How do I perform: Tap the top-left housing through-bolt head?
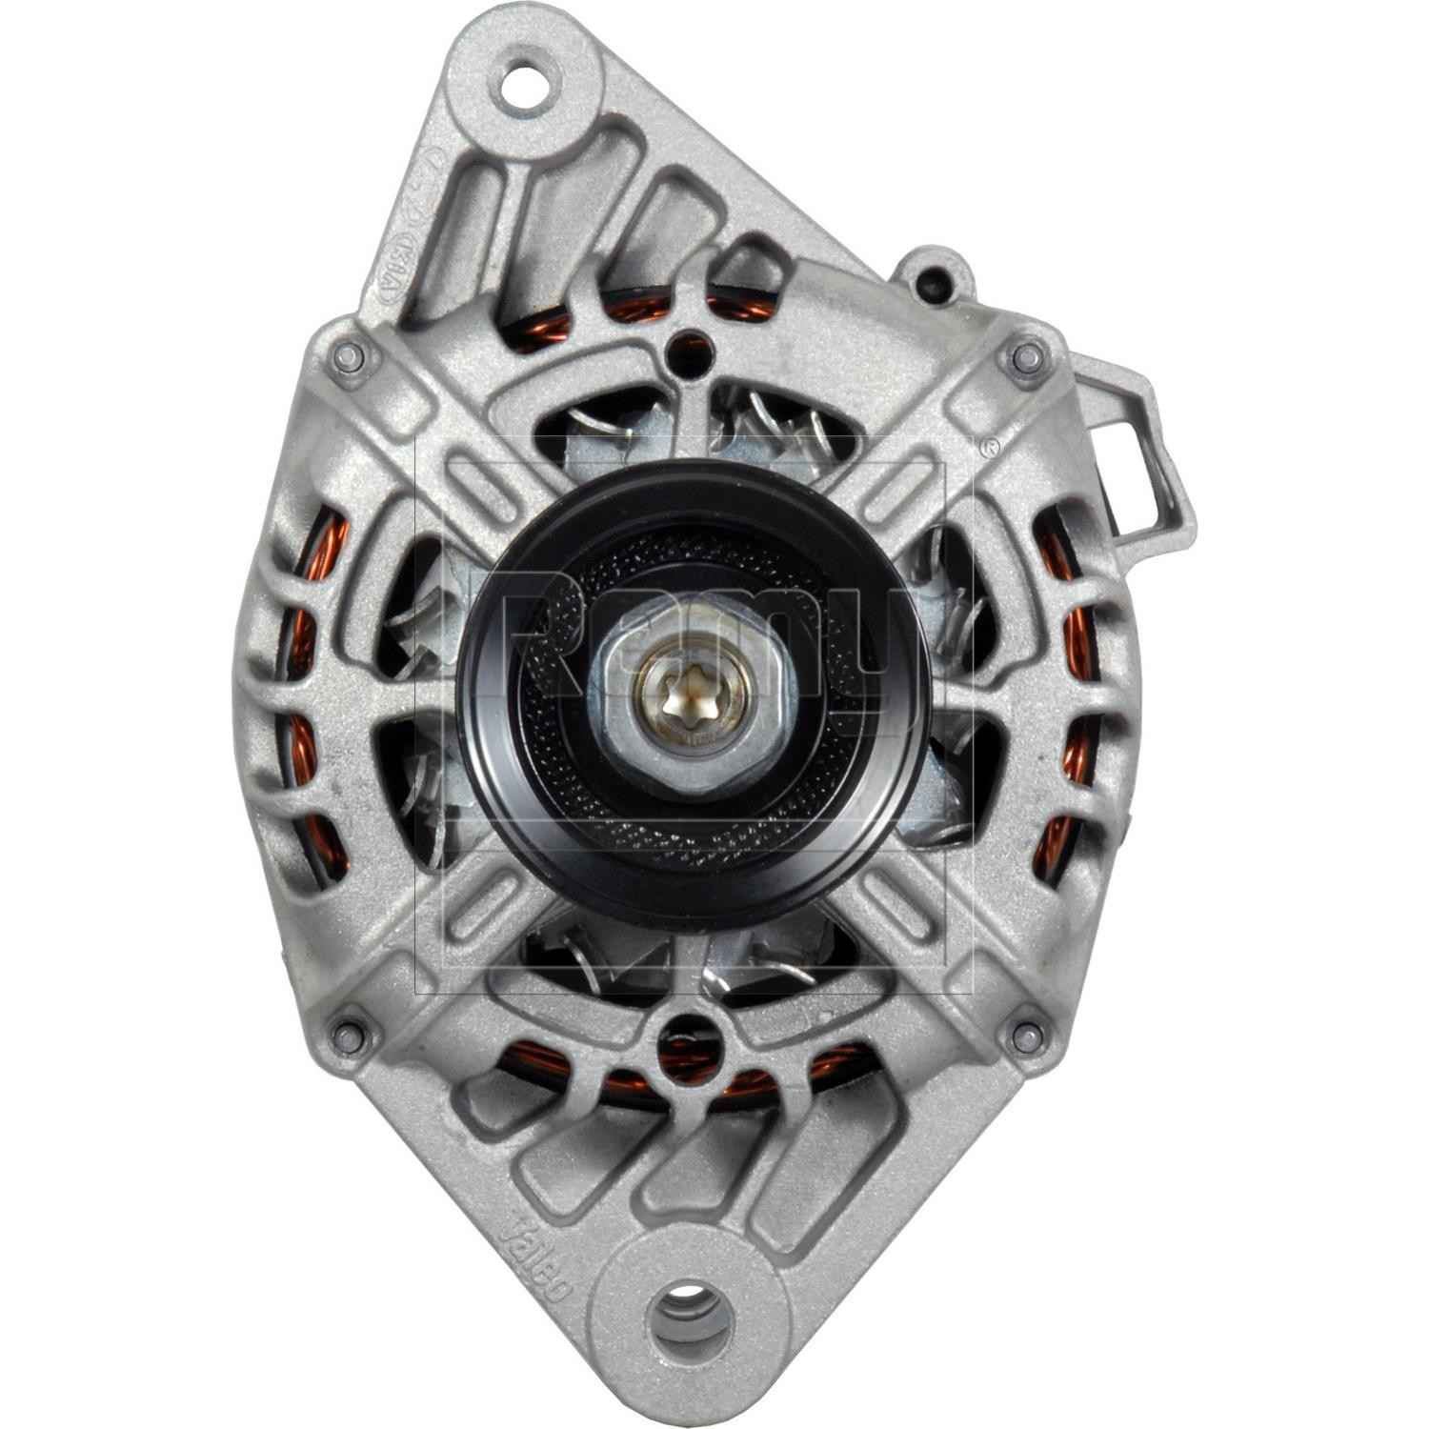347,357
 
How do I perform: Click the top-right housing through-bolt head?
1025,357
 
